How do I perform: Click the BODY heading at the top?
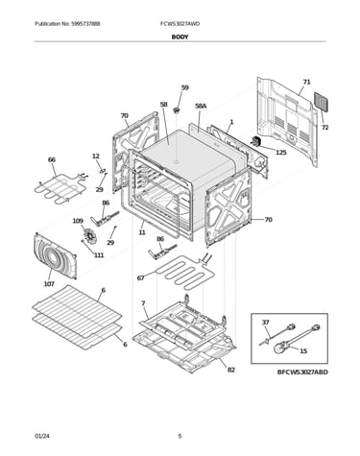coord(180,36)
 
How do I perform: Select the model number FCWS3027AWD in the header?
coord(180,24)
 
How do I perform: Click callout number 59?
coord(185,87)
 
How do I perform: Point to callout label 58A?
coord(201,106)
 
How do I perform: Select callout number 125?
coord(281,153)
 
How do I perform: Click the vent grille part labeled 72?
coord(321,102)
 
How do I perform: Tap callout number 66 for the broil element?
coord(52,159)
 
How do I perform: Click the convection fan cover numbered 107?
coord(55,255)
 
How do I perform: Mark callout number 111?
coord(99,255)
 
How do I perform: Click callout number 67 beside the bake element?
coord(141,278)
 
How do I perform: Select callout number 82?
coord(231,370)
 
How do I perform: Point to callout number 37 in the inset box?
coord(266,323)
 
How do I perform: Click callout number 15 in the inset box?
coord(303,351)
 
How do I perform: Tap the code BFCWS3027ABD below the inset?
coord(302,372)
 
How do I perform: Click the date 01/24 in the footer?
coord(42,436)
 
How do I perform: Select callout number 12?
coord(96,156)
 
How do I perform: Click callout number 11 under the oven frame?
coord(142,232)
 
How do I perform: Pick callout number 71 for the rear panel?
coord(306,83)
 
